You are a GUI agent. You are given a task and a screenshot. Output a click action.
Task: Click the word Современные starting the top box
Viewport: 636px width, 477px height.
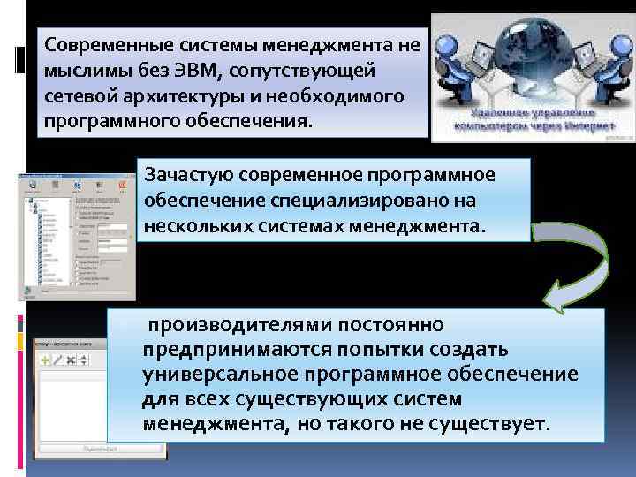coord(104,43)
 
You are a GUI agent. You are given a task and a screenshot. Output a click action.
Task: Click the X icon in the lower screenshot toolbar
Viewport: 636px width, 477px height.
coord(84,360)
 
